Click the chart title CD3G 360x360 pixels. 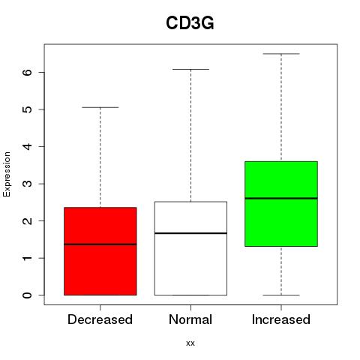coord(190,23)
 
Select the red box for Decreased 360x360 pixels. coord(100,251)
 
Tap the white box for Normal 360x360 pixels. coord(190,248)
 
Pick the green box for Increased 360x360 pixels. coord(281,204)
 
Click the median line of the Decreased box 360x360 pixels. coord(100,244)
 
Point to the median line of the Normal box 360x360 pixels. coord(190,233)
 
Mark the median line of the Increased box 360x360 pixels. coord(281,198)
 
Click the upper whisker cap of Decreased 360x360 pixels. coord(100,107)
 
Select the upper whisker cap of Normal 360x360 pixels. coord(190,69)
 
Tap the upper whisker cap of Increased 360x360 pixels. coord(281,54)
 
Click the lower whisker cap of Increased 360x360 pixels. coord(281,295)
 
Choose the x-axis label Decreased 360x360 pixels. coord(100,319)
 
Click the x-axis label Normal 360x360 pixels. coord(190,319)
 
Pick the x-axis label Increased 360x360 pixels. coord(281,319)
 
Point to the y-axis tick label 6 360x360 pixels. coord(28,72)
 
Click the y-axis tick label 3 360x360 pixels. coord(28,184)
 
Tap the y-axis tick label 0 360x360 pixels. coord(28,295)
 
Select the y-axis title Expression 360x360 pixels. coord(7,174)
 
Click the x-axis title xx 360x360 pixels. coord(190,343)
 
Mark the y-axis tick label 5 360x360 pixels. coord(28,109)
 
